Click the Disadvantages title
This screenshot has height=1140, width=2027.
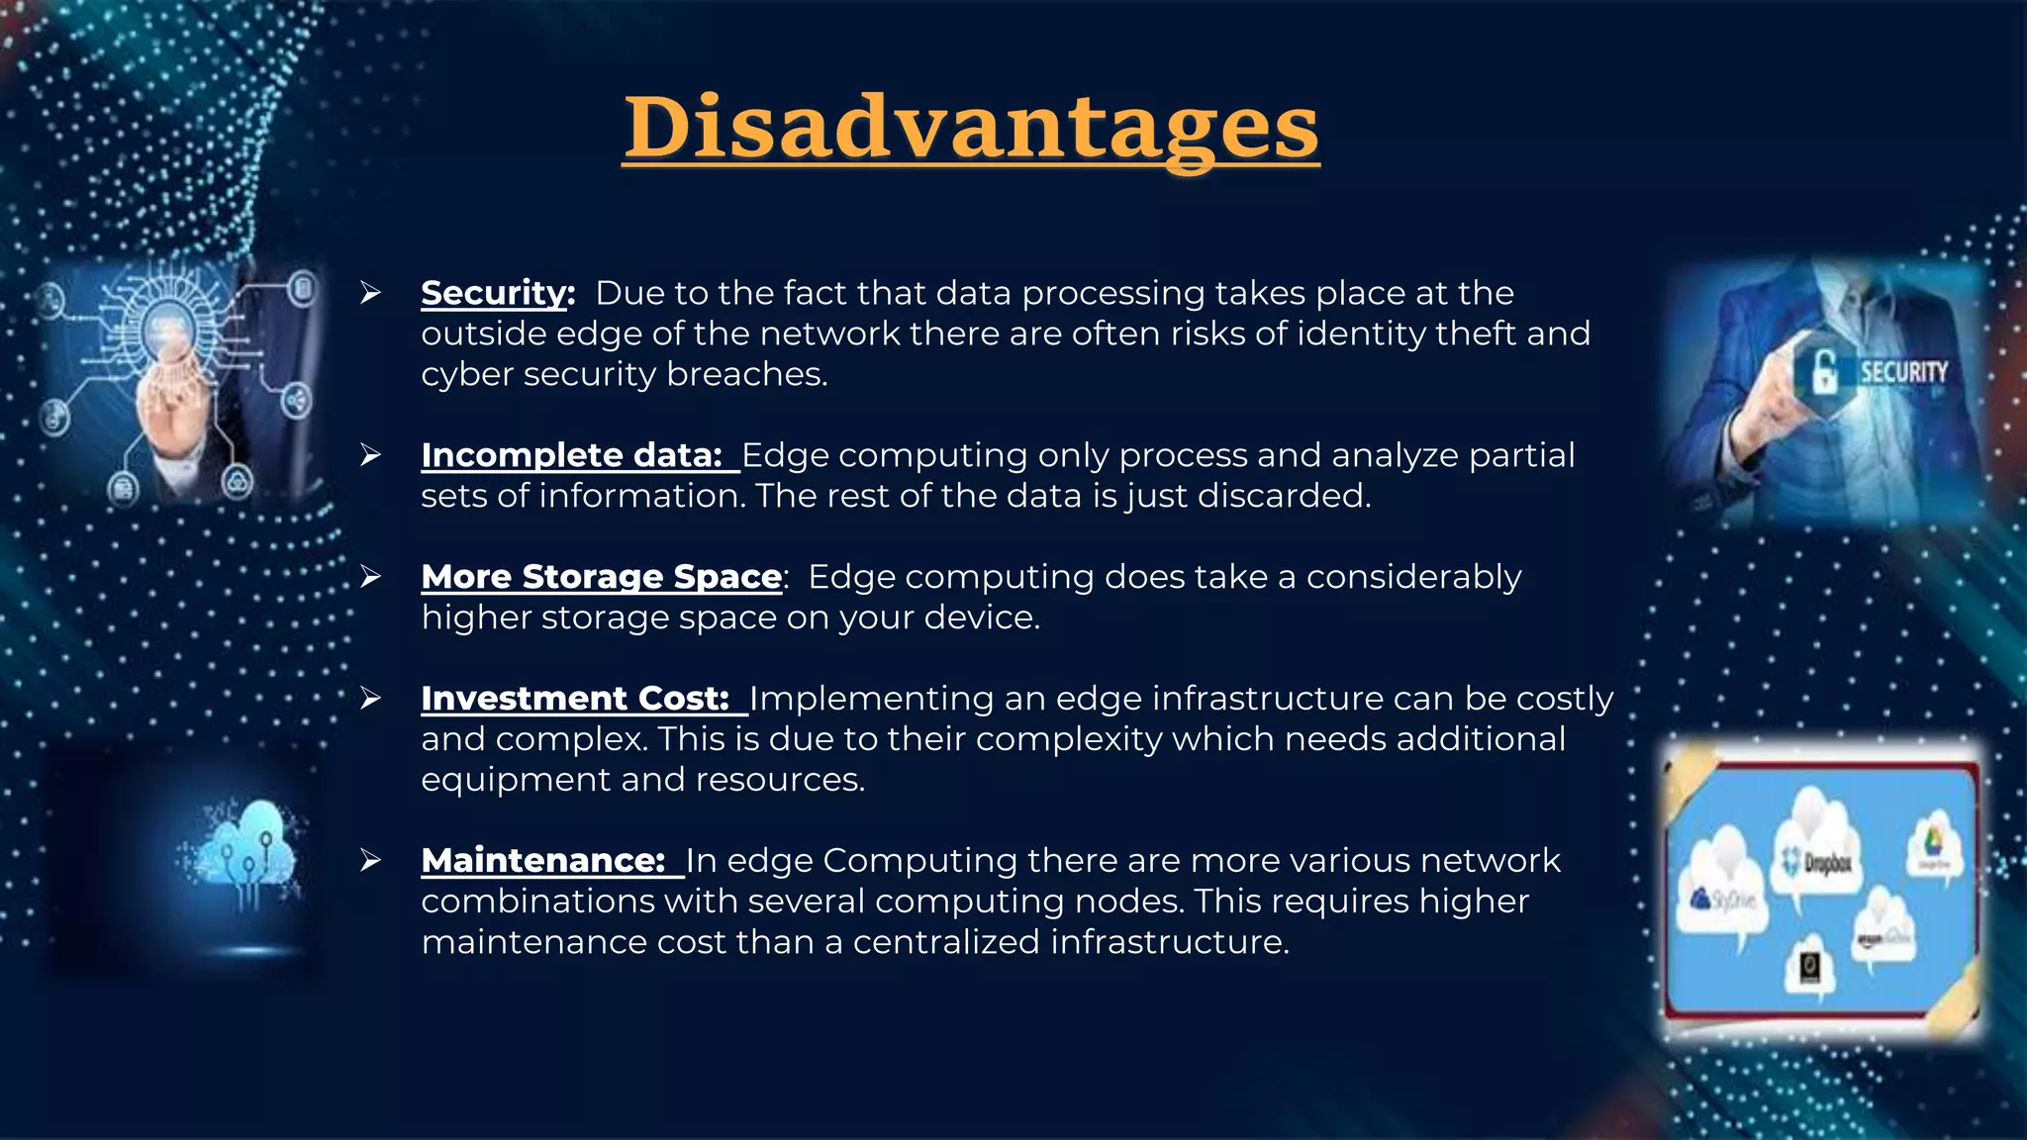pos(971,129)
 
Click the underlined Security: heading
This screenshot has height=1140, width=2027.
pos(498,293)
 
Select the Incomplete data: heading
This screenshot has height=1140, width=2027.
pos(572,455)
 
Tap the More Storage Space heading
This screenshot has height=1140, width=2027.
pos(602,577)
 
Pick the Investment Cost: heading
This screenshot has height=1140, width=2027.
pos(575,699)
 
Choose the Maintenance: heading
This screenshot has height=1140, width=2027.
pos(543,861)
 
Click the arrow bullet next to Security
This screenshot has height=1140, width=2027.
pos(371,293)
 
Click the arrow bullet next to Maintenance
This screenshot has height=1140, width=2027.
pos(371,861)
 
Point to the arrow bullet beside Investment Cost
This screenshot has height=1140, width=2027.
pos(371,699)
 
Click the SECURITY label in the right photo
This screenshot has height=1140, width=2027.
pos(1902,373)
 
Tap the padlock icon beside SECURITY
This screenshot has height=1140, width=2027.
pos(1824,372)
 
